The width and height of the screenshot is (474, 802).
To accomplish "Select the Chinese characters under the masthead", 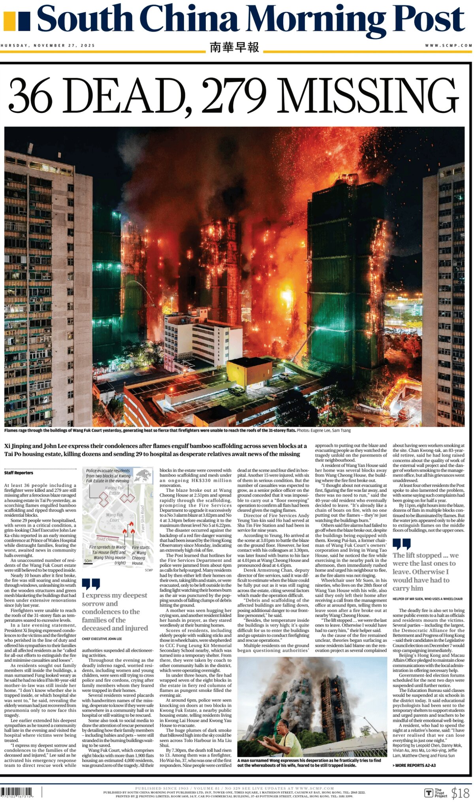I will tap(234, 47).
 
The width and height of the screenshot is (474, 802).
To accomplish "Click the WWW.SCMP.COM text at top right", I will tap(448, 45).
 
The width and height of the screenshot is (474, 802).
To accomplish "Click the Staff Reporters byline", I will tap(19, 473).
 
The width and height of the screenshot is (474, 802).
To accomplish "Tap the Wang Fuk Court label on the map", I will tap(115, 517).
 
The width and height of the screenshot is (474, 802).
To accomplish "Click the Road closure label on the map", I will tap(107, 539).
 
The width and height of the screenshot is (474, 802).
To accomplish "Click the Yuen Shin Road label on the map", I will tap(143, 518).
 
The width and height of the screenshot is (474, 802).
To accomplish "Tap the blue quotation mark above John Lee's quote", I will tap(91, 584).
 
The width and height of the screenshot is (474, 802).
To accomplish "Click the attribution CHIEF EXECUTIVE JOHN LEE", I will tap(102, 639).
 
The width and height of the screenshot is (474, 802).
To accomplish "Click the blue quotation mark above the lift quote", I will tap(401, 544).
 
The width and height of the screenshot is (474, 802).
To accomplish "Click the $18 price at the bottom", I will tap(460, 793).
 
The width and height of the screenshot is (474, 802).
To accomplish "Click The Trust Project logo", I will tap(436, 793).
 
